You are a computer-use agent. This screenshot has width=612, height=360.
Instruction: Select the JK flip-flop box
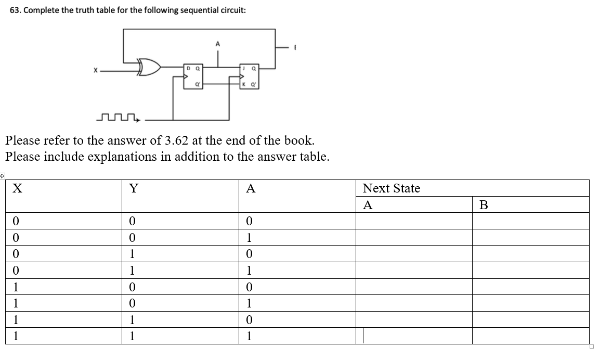coord(249,75)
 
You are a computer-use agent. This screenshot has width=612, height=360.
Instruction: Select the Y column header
coord(133,188)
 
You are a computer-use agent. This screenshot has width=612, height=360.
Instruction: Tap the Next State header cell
coord(391,188)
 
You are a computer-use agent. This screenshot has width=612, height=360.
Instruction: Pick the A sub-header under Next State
coord(368,205)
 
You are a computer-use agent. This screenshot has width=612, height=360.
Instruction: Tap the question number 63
coord(16,11)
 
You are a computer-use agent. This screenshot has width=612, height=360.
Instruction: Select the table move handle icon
coord(2,176)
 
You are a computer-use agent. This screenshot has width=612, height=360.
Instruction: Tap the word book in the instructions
coord(300,140)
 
